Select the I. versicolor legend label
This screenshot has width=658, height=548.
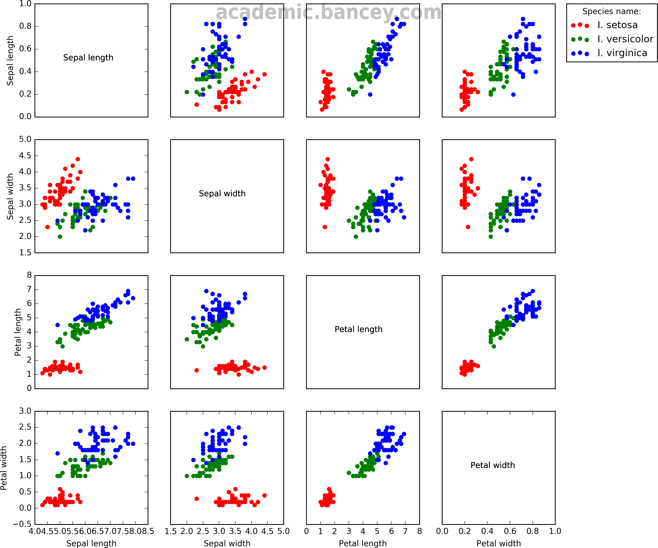(x=625, y=39)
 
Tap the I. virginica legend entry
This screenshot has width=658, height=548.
(x=622, y=53)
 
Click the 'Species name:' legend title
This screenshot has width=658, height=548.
(x=611, y=12)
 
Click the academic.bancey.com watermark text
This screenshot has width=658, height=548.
(x=328, y=13)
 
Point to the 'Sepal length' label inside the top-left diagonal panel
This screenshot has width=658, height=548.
(x=88, y=58)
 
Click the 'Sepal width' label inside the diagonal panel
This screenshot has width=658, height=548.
(x=222, y=193)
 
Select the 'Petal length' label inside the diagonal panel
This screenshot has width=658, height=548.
(x=358, y=329)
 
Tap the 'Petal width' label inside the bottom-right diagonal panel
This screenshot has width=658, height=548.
(x=493, y=465)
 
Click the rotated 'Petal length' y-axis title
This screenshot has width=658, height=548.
(x=18, y=332)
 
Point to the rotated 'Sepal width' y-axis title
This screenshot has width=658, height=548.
(x=10, y=196)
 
